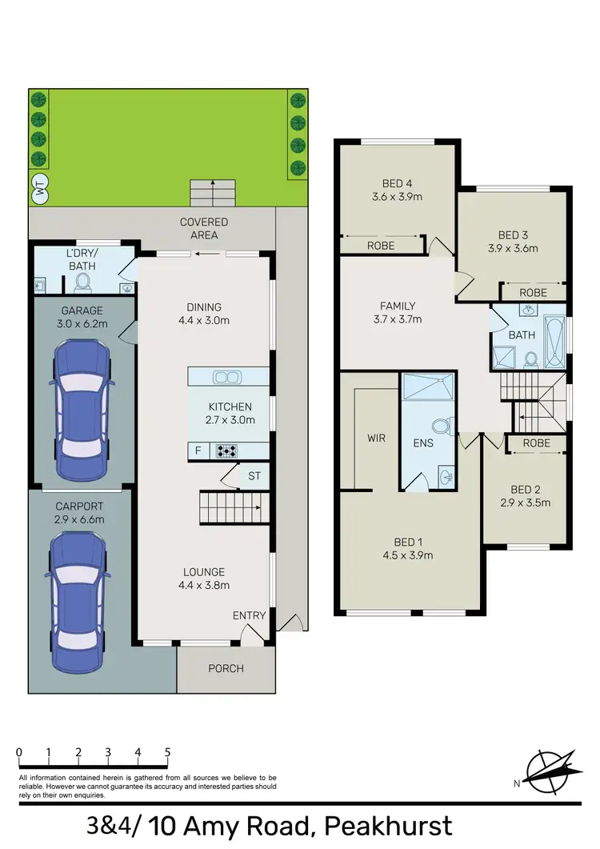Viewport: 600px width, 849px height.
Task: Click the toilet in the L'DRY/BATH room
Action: click(x=83, y=281)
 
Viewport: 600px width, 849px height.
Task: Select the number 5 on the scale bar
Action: click(x=167, y=752)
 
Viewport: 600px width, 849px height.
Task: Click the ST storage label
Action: click(x=254, y=475)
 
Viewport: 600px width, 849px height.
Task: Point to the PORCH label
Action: click(x=226, y=668)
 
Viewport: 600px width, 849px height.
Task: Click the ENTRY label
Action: click(x=249, y=615)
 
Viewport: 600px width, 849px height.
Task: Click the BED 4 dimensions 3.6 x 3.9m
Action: click(x=398, y=196)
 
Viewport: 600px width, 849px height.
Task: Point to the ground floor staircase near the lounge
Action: click(x=230, y=508)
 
